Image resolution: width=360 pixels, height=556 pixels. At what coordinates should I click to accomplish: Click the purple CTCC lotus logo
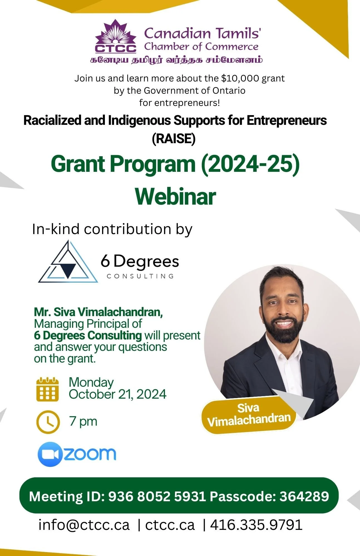coord(116,36)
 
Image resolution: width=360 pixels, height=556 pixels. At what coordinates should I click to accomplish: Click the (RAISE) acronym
coord(174,138)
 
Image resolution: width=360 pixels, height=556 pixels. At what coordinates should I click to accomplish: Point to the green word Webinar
coord(176,196)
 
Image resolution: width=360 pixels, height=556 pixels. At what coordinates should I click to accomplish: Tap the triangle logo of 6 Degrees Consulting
coord(68,262)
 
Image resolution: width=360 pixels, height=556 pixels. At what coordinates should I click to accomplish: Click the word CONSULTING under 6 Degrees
coord(140,276)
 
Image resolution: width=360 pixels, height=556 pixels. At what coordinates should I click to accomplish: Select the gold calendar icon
coord(48,389)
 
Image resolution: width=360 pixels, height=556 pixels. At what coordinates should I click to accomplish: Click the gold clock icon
coord(48,422)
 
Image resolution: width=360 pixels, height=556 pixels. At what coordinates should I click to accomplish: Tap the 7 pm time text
coord(83,422)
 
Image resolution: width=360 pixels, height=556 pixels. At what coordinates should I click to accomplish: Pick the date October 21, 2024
coord(117,394)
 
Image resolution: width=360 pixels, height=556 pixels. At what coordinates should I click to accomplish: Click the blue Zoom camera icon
coord(50,454)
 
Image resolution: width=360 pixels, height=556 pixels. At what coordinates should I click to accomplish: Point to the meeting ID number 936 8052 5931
coord(157,497)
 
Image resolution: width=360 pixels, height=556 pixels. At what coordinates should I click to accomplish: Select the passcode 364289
coord(304,497)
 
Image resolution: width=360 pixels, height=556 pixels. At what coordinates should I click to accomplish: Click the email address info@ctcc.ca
coord(84,525)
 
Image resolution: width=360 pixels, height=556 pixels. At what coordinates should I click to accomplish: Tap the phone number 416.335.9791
coord(256,525)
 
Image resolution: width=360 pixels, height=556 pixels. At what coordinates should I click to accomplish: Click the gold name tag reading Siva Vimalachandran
coord(248,415)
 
